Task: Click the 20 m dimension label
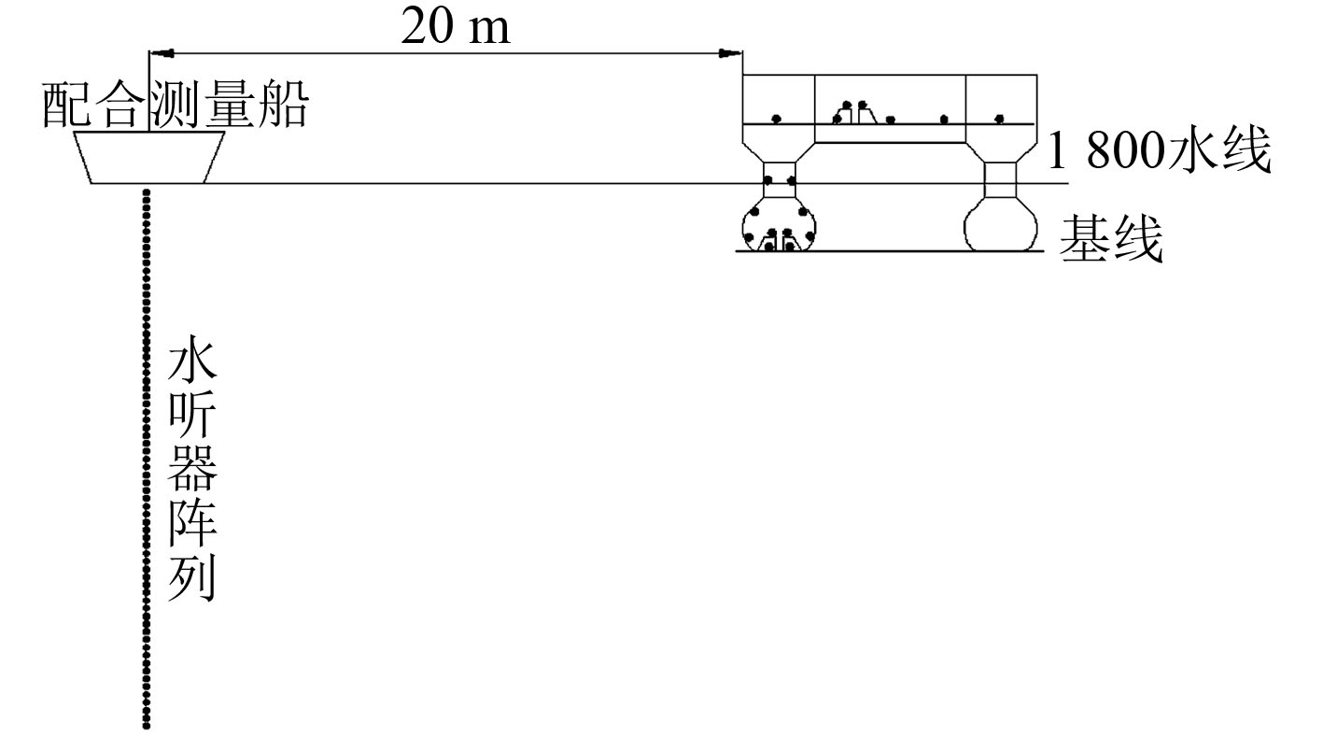456,28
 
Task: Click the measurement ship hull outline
149,158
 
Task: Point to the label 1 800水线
1159,150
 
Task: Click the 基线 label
1111,240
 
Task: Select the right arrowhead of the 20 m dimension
732,53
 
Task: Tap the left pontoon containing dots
779,227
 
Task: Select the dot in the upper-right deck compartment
999,119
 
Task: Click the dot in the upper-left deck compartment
776,119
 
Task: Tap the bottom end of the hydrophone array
146,724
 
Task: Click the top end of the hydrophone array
146,192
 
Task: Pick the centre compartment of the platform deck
890,108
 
